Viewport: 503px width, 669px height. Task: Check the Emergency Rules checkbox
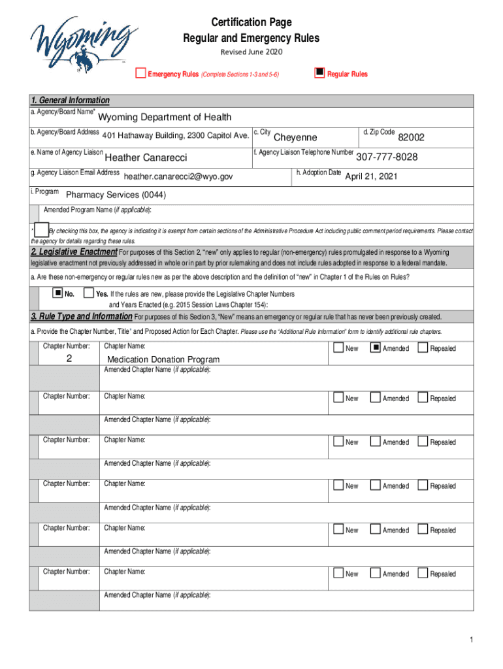[x=140, y=73]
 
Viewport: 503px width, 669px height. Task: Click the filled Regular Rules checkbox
[x=319, y=73]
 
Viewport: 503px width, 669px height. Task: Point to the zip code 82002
[x=411, y=137]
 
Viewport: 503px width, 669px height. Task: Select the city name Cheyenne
[x=295, y=137]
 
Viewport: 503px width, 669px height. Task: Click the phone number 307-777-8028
[x=387, y=157]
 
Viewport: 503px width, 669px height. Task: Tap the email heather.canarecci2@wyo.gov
[x=178, y=176]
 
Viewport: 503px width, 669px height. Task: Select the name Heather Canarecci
[x=146, y=158]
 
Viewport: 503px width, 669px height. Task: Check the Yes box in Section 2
[x=90, y=293]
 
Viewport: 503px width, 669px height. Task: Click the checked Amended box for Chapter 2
[x=375, y=348]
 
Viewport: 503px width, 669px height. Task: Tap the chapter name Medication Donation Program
[x=163, y=359]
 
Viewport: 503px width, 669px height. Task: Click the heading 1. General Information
[x=71, y=100]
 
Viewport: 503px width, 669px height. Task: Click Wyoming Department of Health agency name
[x=165, y=118]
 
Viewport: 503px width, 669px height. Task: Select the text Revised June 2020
[x=251, y=52]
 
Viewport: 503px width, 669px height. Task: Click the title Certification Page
[x=251, y=24]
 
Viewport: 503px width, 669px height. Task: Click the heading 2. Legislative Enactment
[x=74, y=252]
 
